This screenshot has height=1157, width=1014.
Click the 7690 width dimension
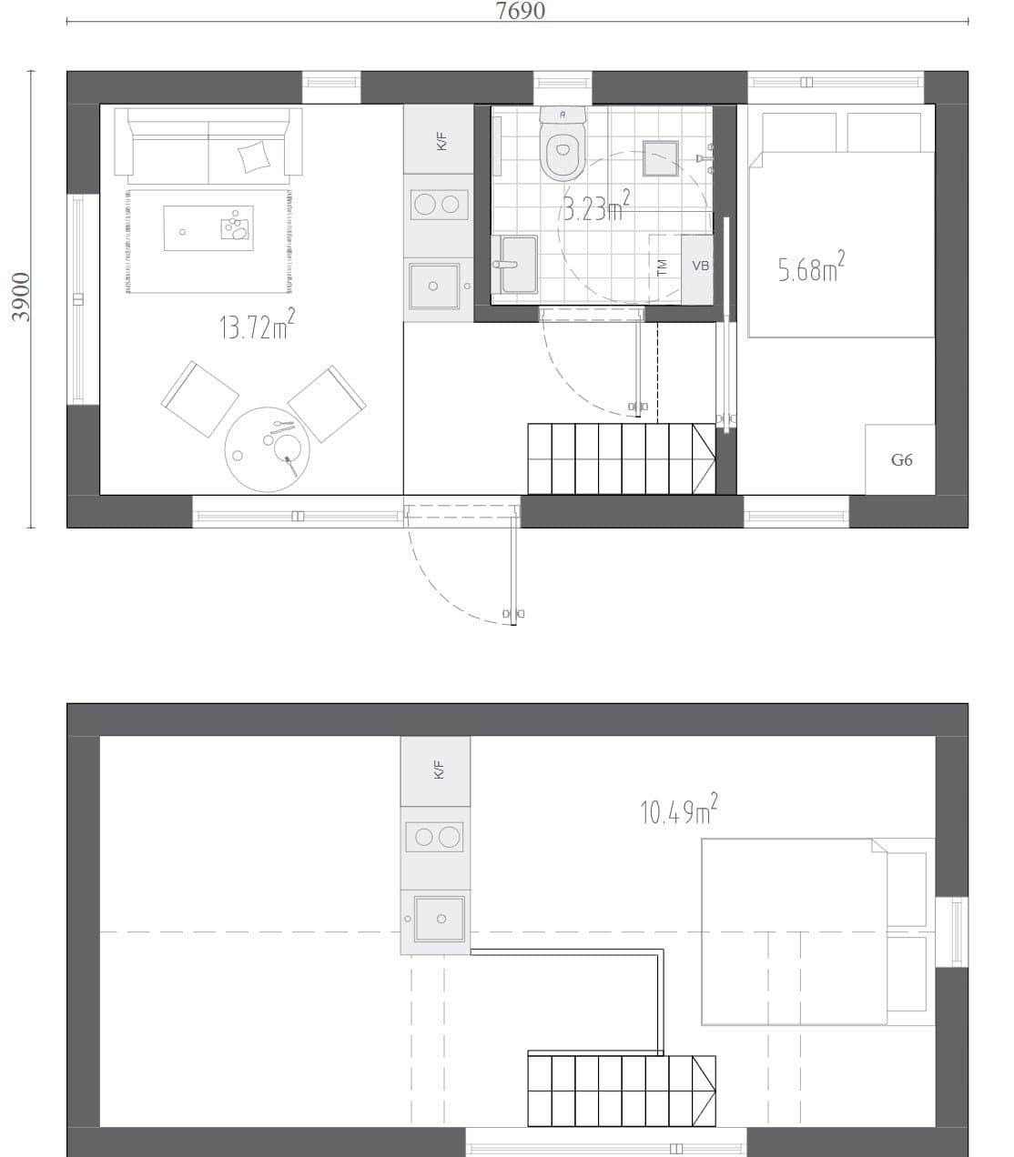pos(520,11)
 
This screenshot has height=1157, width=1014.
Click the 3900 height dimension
pos(22,297)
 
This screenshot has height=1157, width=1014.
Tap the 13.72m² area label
pos(256,325)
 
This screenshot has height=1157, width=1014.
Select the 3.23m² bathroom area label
pos(595,208)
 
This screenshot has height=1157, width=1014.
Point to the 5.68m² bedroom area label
pos(810,268)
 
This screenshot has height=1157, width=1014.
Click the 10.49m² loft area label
pos(678,810)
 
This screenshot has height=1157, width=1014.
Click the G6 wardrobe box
pos(900,459)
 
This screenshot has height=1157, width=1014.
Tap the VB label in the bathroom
pos(700,267)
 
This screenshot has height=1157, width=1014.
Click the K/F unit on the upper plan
pos(440,139)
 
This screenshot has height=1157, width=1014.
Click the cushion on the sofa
pos(254,157)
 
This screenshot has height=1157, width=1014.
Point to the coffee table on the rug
pos(208,227)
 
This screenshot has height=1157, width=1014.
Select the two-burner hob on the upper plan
pos(438,205)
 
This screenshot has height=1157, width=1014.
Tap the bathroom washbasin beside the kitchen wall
pos(517,265)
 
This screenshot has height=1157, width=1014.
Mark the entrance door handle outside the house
pos(513,614)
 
